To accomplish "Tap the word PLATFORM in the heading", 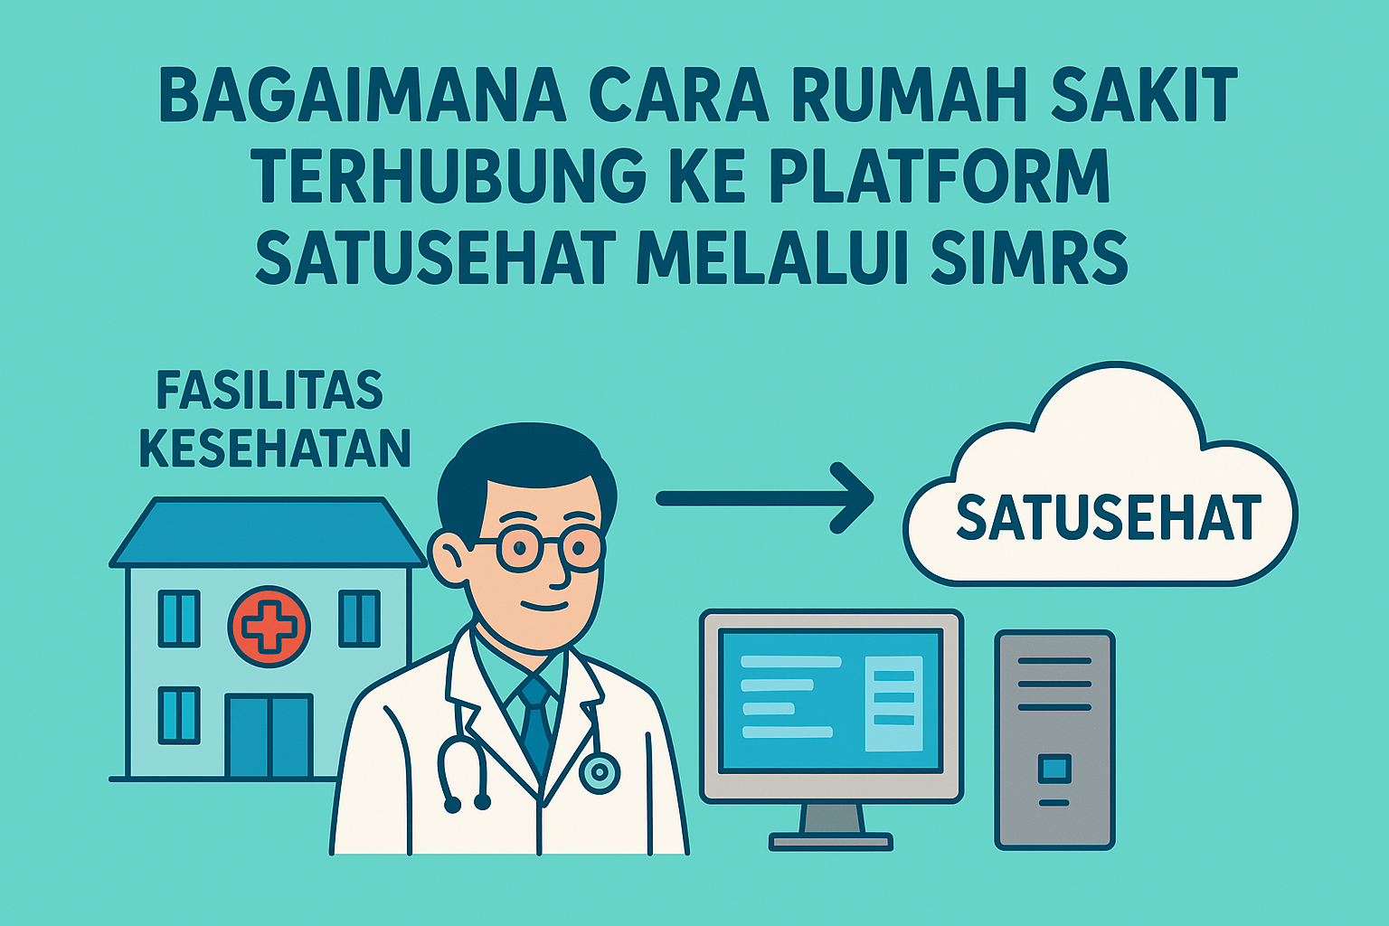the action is coord(939,175).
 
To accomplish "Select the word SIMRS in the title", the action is coord(1029,258).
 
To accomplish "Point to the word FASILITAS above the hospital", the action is coord(269,390).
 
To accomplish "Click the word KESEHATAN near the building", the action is coord(275,448).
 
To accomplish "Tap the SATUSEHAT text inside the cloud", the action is coord(1109,516).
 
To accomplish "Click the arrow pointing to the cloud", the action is coord(765,498).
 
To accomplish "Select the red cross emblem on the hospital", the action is coord(269,627).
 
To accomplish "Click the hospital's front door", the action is coord(269,735).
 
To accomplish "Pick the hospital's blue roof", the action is coord(268,532).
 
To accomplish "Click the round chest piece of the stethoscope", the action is coord(600,773).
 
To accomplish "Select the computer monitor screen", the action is coord(831,701).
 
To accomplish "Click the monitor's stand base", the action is coord(831,842).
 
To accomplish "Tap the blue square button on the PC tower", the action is coord(1054,769).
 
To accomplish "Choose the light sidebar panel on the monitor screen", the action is coord(893,704).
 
